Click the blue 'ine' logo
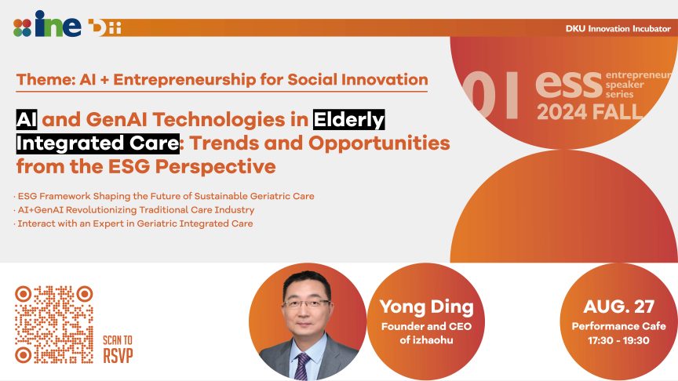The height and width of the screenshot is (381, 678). pyautogui.click(x=58, y=24)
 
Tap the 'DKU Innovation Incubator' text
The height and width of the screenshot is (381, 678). pyautogui.click(x=618, y=29)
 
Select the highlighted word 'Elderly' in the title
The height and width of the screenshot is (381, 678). pyautogui.click(x=349, y=120)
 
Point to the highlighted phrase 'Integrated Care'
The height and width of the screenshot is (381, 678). pyautogui.click(x=98, y=143)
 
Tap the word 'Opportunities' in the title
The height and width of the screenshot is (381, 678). pyautogui.click(x=379, y=143)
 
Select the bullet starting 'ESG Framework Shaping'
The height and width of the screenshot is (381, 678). pyautogui.click(x=164, y=196)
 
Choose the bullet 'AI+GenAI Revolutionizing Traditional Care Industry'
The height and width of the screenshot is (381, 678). pyautogui.click(x=134, y=210)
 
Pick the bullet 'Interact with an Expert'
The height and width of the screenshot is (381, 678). pyautogui.click(x=133, y=223)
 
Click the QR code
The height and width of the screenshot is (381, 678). pyautogui.click(x=54, y=325)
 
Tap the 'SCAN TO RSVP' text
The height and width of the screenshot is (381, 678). pyautogui.click(x=118, y=350)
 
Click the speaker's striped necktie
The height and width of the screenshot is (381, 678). pyautogui.click(x=302, y=366)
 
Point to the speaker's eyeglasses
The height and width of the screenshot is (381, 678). pyautogui.click(x=306, y=304)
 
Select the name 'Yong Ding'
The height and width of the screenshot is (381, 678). pyautogui.click(x=427, y=307)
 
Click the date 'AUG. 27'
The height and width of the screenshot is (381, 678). pyautogui.click(x=619, y=307)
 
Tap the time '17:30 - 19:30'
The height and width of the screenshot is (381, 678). pyautogui.click(x=618, y=340)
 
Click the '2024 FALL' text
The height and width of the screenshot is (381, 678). pyautogui.click(x=590, y=112)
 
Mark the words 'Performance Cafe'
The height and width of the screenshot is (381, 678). pyautogui.click(x=619, y=326)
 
